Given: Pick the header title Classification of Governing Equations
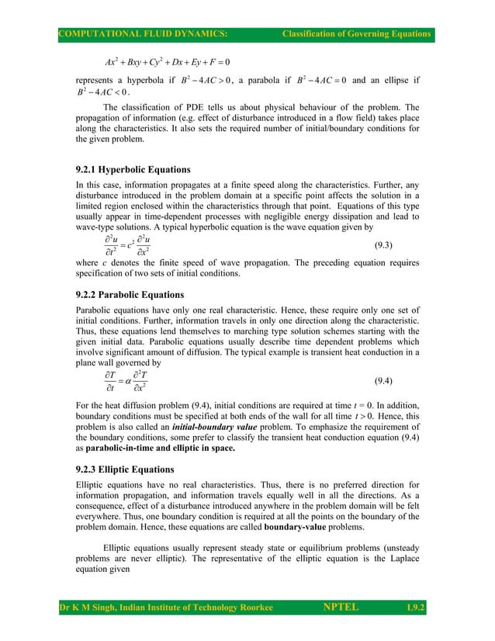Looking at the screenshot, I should click(356, 33).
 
